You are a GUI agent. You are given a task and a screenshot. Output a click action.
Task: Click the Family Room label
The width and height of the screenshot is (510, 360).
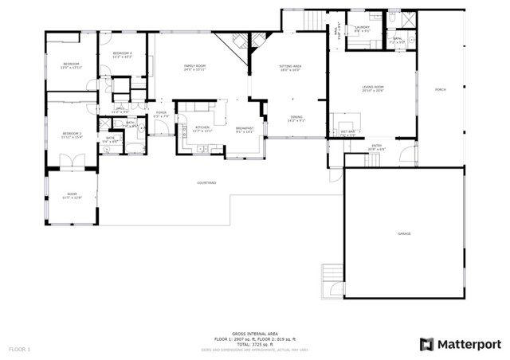click(195, 67)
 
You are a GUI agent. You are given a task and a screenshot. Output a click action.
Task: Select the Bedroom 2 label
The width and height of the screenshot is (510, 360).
click(72, 133)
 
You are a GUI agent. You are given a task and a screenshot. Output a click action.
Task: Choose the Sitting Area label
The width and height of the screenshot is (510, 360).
click(290, 67)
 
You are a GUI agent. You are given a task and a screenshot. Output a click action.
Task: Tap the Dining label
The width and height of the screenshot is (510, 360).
click(296, 119)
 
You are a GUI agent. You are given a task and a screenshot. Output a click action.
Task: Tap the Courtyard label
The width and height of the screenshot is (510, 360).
click(206, 183)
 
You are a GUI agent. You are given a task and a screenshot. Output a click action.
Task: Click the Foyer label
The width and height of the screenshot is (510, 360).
click(160, 114)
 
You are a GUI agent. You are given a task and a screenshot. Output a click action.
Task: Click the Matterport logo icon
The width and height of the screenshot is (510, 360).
click(427, 344)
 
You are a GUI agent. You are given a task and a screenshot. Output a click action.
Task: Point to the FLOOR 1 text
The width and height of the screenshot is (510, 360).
click(20, 349)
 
